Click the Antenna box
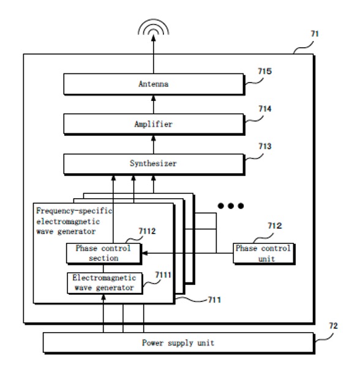[154, 84]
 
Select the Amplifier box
[154, 124]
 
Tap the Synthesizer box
[154, 164]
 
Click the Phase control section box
[104, 254]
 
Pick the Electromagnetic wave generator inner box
[105, 283]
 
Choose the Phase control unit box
[264, 254]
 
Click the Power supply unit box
[179, 343]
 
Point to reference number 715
[264, 71]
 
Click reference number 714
[265, 109]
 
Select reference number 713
[265, 146]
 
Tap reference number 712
[275, 226]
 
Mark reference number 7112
[147, 231]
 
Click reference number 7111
[163, 275]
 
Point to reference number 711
[214, 300]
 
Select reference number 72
[334, 326]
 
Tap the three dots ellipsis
[231, 206]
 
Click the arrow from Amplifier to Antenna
[154, 105]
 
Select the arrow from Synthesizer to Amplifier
[154, 145]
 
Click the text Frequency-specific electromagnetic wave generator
[74, 221]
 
